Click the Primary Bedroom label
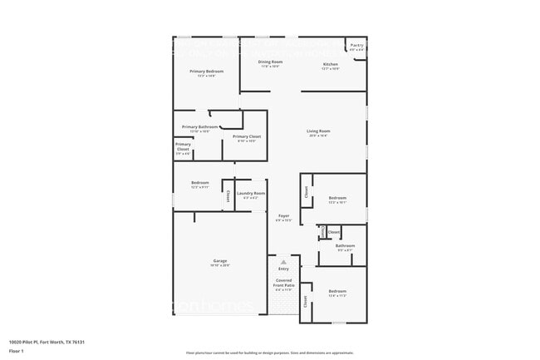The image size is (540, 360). (206, 72)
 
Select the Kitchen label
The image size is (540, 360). (330, 64)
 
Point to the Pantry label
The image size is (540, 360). (356, 45)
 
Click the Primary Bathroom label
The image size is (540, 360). (199, 126)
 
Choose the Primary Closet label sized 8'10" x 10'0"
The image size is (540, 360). (247, 136)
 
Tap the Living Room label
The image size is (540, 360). (318, 131)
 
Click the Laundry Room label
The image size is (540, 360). (250, 194)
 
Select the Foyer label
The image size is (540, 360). (283, 215)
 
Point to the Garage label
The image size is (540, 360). (220, 261)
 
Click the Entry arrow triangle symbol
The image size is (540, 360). (283, 261)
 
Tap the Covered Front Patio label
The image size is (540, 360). (283, 283)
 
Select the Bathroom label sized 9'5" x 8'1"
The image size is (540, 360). (345, 245)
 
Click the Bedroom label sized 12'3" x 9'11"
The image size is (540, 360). (200, 183)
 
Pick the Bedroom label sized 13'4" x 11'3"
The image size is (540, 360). (337, 291)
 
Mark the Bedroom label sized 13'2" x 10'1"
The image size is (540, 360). (337, 198)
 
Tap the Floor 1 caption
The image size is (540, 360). (16, 352)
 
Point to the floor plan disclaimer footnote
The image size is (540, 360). (269, 353)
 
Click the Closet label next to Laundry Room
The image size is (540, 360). (228, 196)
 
